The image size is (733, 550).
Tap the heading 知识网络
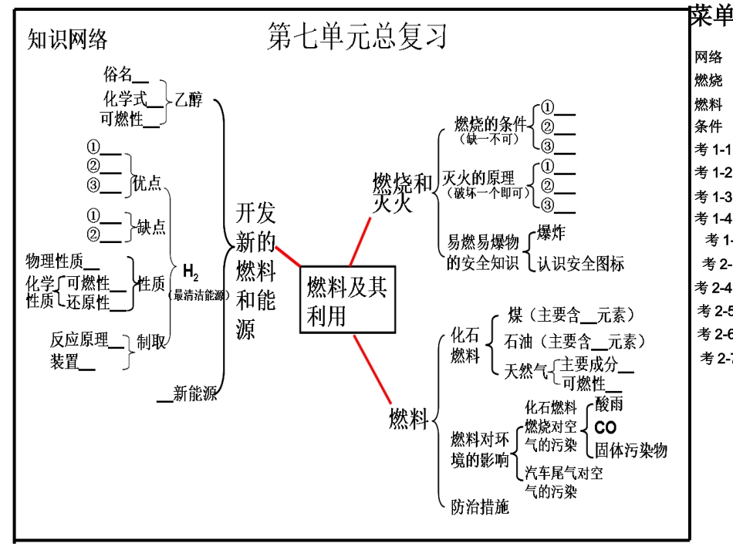click(x=67, y=39)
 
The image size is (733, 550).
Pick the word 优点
click(x=147, y=183)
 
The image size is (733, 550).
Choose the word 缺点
click(x=151, y=227)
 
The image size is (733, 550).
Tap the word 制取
click(x=151, y=342)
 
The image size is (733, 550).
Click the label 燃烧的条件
click(x=490, y=123)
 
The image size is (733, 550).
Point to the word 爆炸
click(x=552, y=235)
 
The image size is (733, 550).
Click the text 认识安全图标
click(x=580, y=263)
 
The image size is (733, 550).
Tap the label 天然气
click(x=525, y=373)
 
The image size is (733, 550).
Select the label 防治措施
click(x=480, y=507)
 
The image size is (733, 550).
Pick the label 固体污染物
click(x=630, y=450)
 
